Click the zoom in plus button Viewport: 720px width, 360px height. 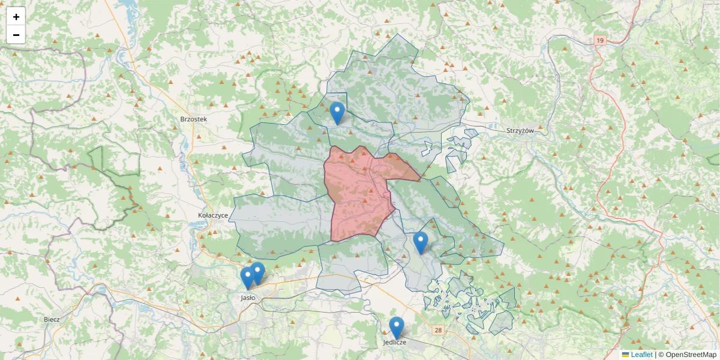16,17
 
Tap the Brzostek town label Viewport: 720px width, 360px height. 193,119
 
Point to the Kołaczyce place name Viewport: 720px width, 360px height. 213,214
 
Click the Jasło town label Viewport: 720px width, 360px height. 248,297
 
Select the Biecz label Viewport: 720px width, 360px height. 52,319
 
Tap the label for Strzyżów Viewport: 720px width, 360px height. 520,130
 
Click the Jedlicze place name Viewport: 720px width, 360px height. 395,342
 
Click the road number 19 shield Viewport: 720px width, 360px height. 599,40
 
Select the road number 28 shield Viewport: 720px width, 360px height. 439,330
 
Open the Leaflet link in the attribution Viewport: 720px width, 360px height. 641,355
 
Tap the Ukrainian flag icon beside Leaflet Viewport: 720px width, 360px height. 626,355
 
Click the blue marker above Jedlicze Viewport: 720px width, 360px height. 396,327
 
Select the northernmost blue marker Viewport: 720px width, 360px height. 337,112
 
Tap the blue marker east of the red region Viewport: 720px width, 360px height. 421,242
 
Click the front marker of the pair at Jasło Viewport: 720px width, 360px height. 247,278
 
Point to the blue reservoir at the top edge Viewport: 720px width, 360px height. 128,7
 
